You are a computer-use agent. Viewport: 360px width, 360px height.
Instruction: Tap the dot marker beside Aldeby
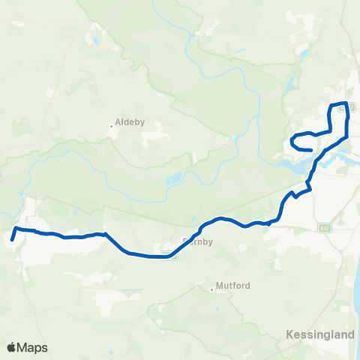[x=111, y=126]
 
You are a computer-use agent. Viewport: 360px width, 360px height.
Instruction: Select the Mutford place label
[x=232, y=286]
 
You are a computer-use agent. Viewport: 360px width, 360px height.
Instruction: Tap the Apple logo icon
[x=12, y=348]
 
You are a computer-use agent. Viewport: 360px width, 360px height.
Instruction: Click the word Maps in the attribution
[x=33, y=348]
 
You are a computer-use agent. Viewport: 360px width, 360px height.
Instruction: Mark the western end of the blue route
[x=13, y=241]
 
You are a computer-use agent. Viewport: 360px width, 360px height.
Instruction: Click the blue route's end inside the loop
[x=310, y=150]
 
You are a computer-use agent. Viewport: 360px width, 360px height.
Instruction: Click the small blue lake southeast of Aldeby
[x=174, y=180]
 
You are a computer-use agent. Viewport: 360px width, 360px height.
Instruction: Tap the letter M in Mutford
[x=220, y=286]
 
